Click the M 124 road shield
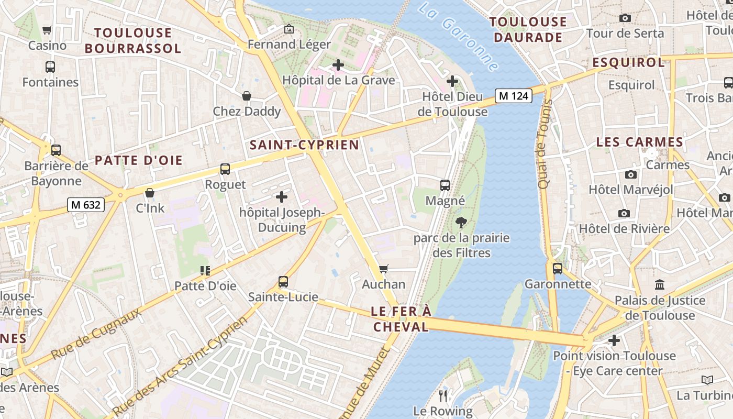point(513,96)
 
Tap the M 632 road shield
point(85,205)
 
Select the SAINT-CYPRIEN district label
point(304,145)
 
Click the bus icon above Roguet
point(225,169)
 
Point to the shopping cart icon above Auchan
point(384,269)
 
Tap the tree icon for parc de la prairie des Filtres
point(461,223)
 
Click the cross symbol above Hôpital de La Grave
point(338,65)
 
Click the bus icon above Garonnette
point(558,269)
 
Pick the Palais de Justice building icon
point(660,285)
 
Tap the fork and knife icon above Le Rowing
point(443,395)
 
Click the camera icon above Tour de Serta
point(625,18)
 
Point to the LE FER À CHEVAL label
point(401,319)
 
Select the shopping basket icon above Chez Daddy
point(247,96)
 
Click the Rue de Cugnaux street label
point(96,334)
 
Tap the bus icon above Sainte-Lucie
point(283,282)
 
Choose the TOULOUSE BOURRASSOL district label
point(133,41)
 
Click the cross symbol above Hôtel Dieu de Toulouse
point(452,81)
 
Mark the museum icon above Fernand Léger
point(289,29)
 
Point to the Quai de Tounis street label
point(545,144)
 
